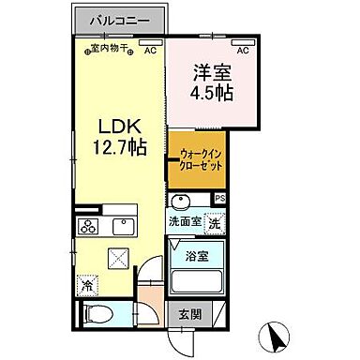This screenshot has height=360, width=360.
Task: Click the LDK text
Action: click(118, 126)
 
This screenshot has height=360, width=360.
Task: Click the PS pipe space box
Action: click(220, 199)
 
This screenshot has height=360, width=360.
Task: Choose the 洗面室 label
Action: click(184, 221)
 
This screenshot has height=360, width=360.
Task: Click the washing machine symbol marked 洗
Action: click(215, 222)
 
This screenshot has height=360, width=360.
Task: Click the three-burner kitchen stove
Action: click(89, 226)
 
